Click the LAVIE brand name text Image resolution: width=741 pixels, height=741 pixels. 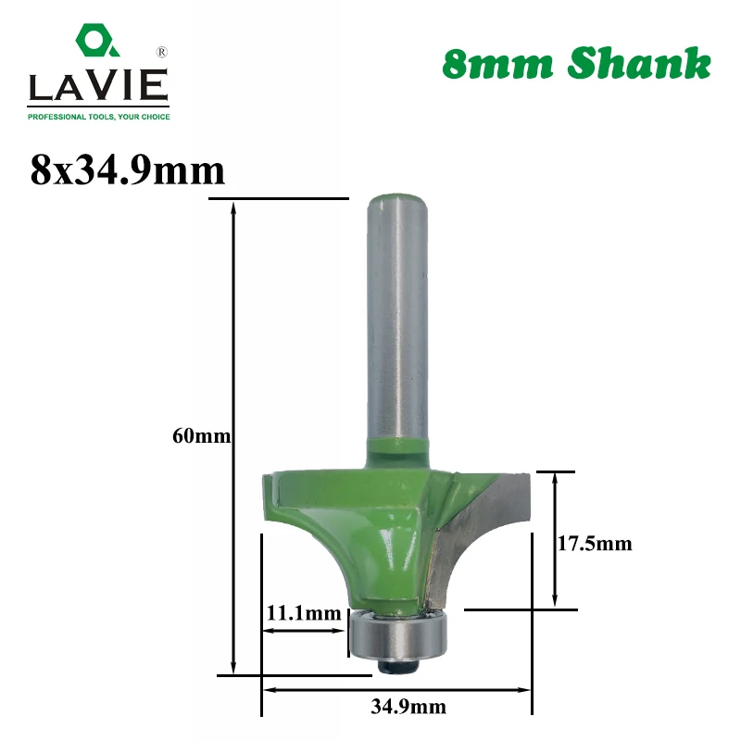[x=98, y=85]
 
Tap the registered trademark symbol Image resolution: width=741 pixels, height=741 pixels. [x=161, y=52]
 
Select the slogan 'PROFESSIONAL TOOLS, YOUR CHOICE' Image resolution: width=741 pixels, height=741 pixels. [x=99, y=117]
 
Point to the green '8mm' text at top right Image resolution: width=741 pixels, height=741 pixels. [x=497, y=64]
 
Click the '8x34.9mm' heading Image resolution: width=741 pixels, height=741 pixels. [x=128, y=170]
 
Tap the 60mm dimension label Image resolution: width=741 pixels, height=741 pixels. [x=202, y=435]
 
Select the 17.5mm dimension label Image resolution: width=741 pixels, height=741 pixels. [x=595, y=544]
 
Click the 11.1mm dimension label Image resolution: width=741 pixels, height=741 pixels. [x=304, y=613]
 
